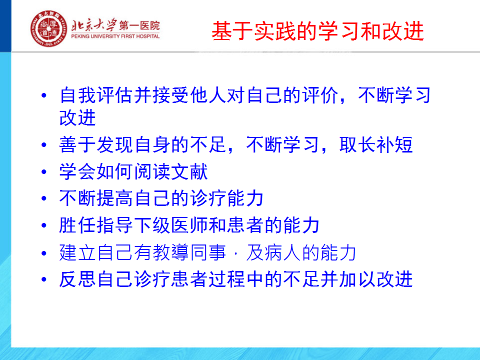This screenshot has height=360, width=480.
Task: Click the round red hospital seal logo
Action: click(48, 28)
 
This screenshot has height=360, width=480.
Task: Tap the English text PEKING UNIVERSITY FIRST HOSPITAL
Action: click(115, 36)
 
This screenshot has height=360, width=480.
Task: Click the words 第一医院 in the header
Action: click(139, 25)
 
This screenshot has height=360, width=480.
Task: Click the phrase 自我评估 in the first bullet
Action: click(96, 95)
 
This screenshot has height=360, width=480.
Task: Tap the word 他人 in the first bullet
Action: click(208, 95)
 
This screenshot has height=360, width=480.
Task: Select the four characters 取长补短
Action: click(376, 145)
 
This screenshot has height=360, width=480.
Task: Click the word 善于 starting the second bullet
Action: click(78, 145)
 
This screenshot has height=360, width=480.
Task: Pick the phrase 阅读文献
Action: click(171, 171)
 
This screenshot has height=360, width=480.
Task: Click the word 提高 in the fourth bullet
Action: click(115, 198)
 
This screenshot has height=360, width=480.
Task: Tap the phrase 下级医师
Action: click(171, 225)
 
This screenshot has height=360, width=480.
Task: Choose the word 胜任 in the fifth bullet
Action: click(78, 225)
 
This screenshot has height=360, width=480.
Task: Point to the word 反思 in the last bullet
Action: click(78, 279)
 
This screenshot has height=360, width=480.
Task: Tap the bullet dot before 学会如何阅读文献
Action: click(44, 171)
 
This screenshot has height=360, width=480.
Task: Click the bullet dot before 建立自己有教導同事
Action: click(44, 253)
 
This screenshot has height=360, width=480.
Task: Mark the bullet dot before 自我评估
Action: click(44, 95)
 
